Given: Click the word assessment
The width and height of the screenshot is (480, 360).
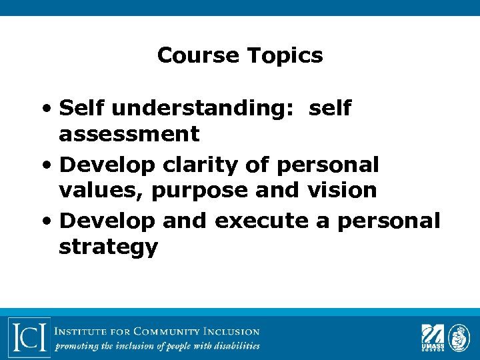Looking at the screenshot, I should [x=129, y=134].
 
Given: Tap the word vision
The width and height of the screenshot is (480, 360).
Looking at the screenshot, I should [x=342, y=190].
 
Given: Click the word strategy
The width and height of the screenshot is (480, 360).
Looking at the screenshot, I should [x=108, y=247].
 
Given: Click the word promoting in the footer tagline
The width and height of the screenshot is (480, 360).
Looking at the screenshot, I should [x=75, y=347].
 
